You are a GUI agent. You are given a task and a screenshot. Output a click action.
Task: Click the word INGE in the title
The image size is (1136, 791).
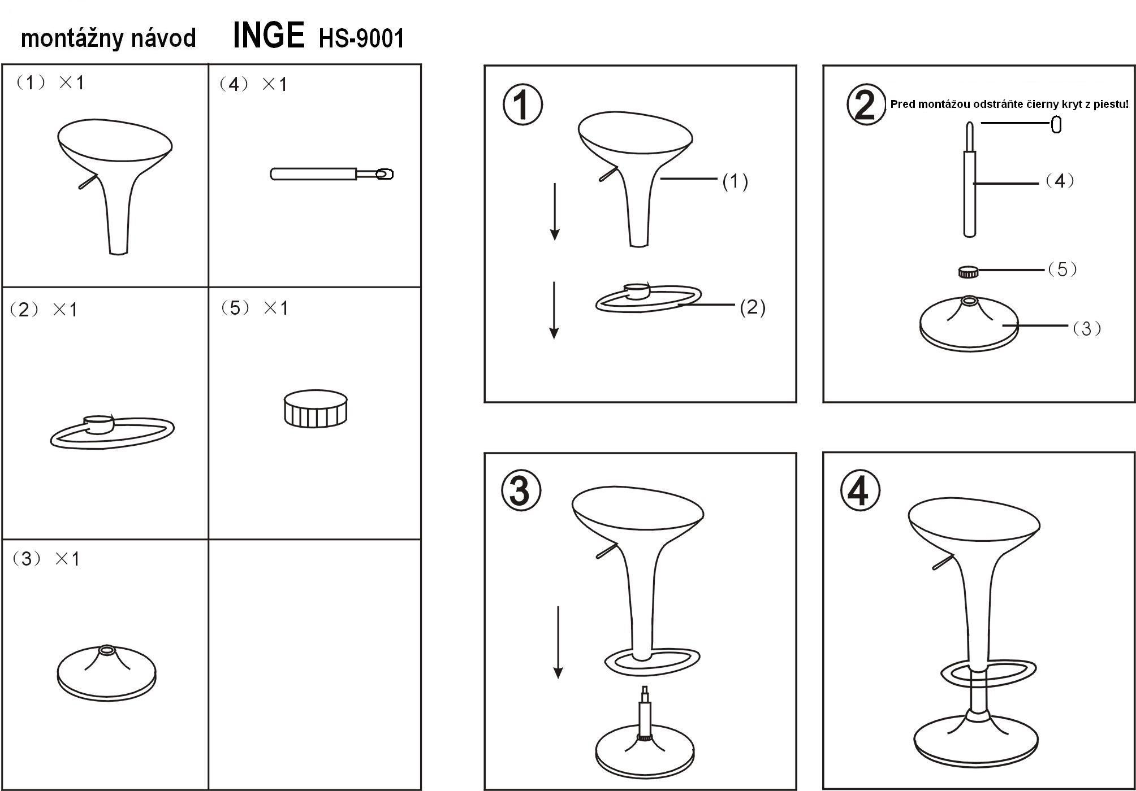[x=269, y=36]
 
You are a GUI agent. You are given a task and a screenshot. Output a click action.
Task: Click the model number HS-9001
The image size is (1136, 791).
[x=362, y=38]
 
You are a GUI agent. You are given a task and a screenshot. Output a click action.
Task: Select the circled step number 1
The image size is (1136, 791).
[x=522, y=105]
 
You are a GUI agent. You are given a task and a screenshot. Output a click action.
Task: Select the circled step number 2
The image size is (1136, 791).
[x=866, y=105]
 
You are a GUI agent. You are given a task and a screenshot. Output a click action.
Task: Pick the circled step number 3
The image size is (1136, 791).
[x=521, y=490]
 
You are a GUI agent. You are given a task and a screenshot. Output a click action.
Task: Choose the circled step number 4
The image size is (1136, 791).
[x=859, y=490]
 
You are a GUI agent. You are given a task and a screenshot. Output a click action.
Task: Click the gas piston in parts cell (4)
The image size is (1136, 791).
[x=332, y=174]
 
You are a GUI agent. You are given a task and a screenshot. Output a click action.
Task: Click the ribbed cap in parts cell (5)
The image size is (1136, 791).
[x=316, y=408]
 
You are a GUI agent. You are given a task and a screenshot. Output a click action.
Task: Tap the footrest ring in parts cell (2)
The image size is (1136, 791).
[x=112, y=432]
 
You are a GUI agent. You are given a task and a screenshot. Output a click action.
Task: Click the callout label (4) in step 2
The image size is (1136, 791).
[x=1060, y=181]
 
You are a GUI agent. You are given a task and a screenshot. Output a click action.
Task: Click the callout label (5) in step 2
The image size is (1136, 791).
[x=1062, y=270]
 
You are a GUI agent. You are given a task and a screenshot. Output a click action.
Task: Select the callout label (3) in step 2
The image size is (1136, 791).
[x=1087, y=328]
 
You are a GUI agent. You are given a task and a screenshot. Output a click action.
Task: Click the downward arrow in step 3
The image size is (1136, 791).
[x=558, y=642]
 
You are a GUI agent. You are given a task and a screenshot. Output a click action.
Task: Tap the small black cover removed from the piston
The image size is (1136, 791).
[x=1056, y=124]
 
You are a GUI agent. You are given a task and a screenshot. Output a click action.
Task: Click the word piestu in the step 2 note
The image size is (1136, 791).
[x=1112, y=104]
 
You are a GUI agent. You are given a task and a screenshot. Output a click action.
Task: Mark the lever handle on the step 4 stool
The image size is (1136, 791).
[x=943, y=562]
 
